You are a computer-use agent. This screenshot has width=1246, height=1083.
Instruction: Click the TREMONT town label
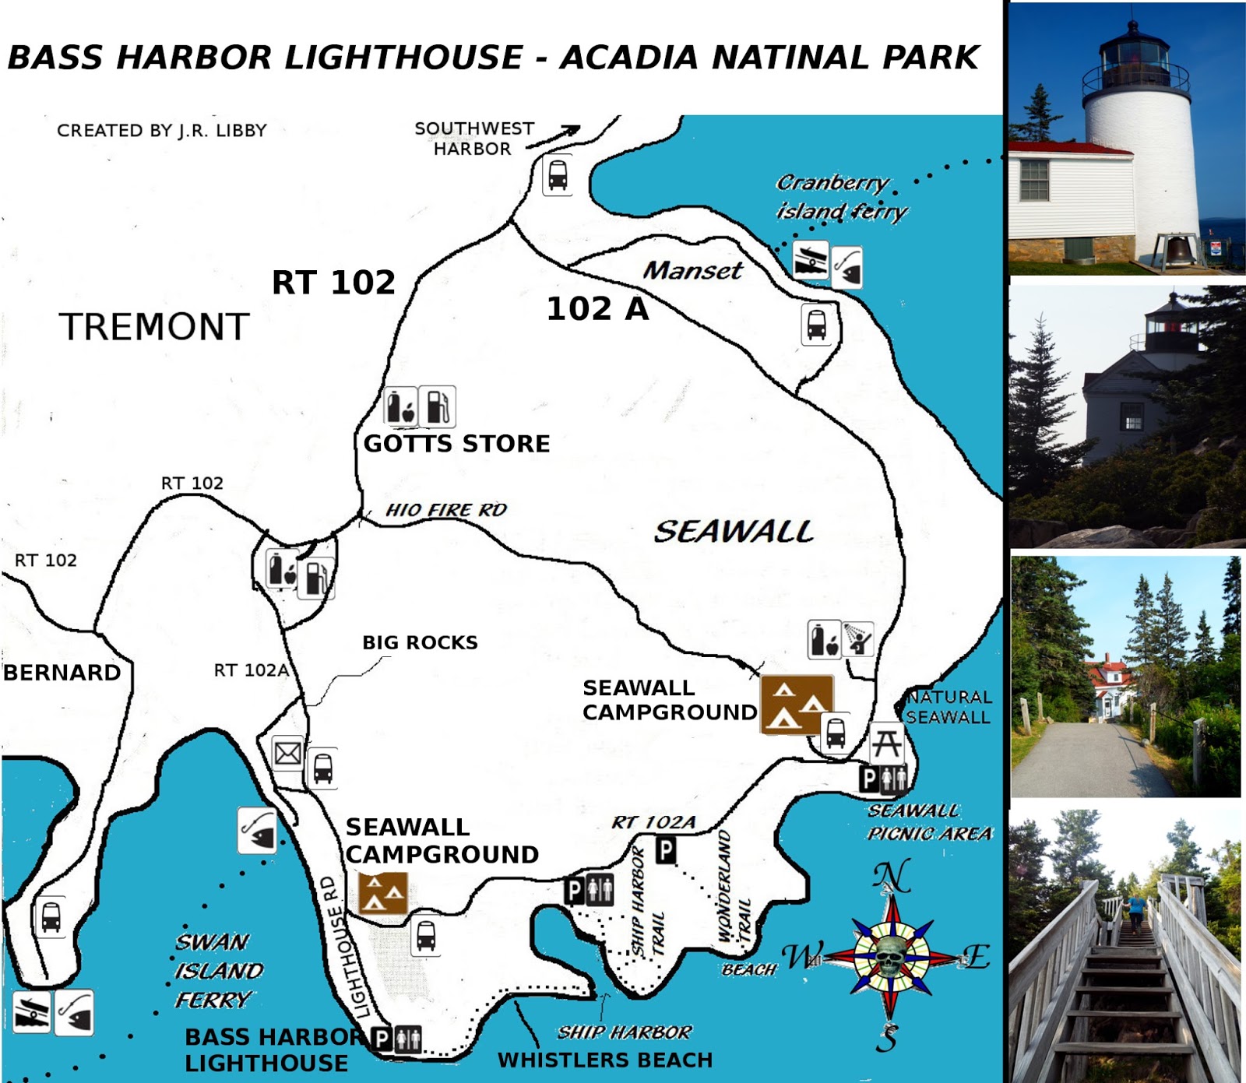[x=154, y=327]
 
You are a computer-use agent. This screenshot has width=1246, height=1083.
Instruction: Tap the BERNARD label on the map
[x=62, y=672]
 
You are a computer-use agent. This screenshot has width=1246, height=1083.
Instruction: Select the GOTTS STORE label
[x=456, y=444]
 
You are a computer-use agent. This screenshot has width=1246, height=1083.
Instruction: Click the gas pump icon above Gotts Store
[x=438, y=406]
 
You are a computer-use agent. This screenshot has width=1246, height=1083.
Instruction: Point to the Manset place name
[x=692, y=270]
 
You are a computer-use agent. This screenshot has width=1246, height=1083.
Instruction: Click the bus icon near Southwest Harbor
[x=558, y=176]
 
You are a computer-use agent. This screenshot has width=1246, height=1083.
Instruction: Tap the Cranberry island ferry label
[x=841, y=197]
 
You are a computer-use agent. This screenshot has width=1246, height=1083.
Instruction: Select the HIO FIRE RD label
[x=445, y=510]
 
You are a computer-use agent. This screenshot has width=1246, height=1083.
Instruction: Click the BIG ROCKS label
[x=420, y=642]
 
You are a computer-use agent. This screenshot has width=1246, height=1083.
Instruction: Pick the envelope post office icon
[x=287, y=754]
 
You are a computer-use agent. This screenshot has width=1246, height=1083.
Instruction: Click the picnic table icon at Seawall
[x=887, y=743]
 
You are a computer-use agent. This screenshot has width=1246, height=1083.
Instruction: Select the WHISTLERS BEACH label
[x=605, y=1060]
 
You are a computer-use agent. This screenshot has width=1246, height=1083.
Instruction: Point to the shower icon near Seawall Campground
[x=858, y=639]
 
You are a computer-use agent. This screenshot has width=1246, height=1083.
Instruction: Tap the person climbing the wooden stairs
[x=1135, y=912]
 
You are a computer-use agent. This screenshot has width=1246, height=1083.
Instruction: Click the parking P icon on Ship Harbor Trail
[x=665, y=849]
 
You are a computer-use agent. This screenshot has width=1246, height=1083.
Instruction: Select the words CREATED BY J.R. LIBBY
[x=162, y=130]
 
